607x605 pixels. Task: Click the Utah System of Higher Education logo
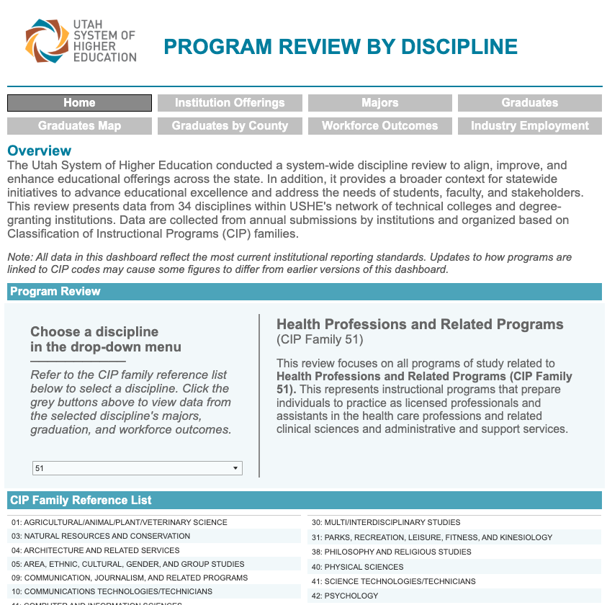tap(80, 41)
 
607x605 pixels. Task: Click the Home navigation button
tap(79, 103)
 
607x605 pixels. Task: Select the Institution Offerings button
tap(230, 103)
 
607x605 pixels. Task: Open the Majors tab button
tap(379, 103)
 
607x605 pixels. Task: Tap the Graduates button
tap(530, 103)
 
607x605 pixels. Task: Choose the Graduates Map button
tap(79, 126)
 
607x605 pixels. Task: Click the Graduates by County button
tap(230, 126)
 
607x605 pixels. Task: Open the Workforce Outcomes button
tap(379, 126)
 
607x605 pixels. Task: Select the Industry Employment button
tap(530, 126)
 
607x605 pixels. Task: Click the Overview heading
tap(40, 151)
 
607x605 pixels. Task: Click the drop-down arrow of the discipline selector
tap(235, 468)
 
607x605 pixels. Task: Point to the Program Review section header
tap(55, 292)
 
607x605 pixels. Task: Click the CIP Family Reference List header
tap(81, 501)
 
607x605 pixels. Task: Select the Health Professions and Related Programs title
tap(420, 325)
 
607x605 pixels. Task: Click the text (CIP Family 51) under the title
tap(320, 339)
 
